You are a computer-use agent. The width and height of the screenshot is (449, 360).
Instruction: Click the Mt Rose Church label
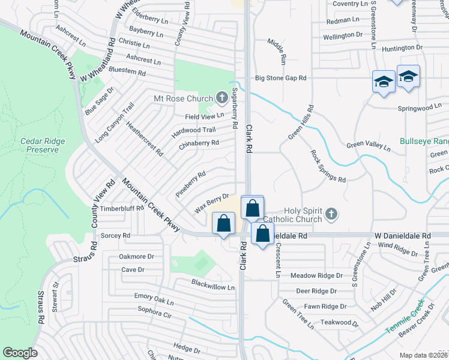(183, 98)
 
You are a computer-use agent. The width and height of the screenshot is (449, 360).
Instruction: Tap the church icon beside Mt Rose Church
(221, 97)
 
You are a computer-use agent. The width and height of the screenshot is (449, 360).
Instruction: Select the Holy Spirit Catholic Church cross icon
(331, 214)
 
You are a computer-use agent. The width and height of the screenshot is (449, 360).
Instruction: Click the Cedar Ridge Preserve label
(43, 145)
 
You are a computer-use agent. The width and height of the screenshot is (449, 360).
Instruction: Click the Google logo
(20, 352)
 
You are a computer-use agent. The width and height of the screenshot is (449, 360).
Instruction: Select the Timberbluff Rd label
(122, 209)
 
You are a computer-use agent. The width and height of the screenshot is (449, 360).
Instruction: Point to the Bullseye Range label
(424, 142)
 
